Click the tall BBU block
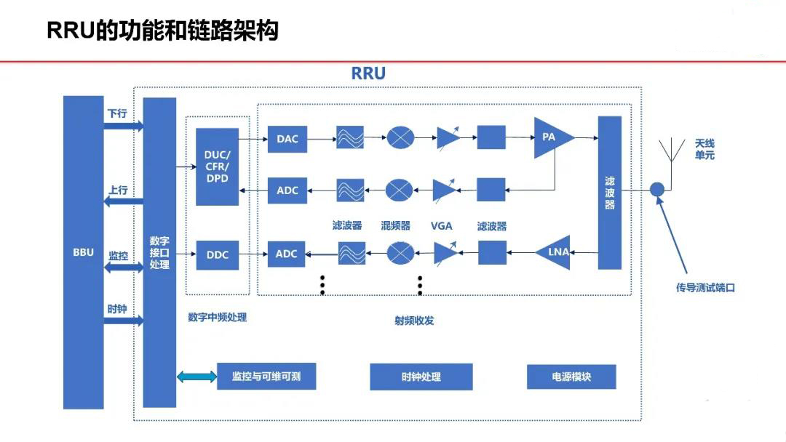pos(83,252)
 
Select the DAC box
pos(287,138)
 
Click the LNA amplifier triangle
pos(555,252)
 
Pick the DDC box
pos(217,254)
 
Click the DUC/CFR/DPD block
pos(217,166)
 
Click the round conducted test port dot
pos(656,189)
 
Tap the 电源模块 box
pos(571,377)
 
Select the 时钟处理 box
pos(421,377)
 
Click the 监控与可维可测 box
pos(266,377)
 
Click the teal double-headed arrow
pos(197,377)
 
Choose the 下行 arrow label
pos(117,114)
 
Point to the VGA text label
pos(441,225)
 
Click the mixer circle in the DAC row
pos(400,137)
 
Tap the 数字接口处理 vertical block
pos(159,252)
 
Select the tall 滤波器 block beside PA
pos(610,192)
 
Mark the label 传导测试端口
pos(704,287)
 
